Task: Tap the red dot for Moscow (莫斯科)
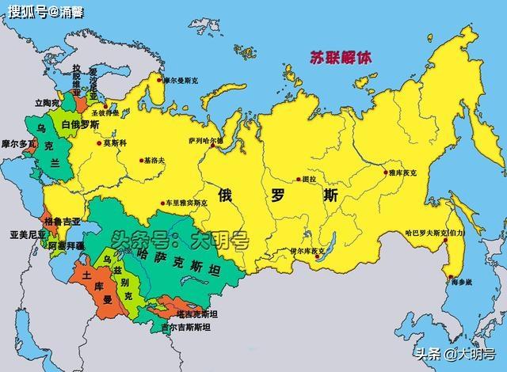click(x=100, y=143)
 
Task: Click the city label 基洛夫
click(x=155, y=160)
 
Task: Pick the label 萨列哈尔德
click(x=206, y=141)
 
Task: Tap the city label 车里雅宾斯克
click(x=186, y=203)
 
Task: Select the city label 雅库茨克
click(x=407, y=173)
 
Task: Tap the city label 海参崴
click(x=462, y=282)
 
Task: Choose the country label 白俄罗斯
click(x=80, y=125)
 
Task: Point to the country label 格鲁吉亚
click(x=61, y=222)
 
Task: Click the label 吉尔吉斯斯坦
click(x=189, y=327)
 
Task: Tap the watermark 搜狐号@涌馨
click(x=48, y=12)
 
